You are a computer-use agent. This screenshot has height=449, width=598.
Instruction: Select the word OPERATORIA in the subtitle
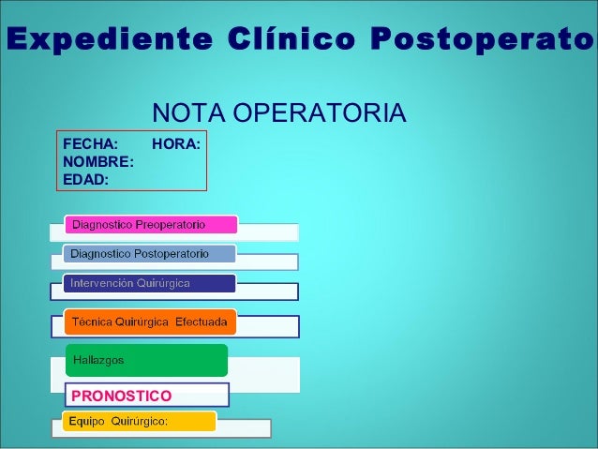[319, 113]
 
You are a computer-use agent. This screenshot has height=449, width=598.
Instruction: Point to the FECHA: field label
[90, 144]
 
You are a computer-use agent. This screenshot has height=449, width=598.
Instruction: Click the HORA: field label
[176, 144]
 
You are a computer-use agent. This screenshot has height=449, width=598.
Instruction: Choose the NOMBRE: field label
[97, 161]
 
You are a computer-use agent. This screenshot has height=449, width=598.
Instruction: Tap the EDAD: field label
[85, 178]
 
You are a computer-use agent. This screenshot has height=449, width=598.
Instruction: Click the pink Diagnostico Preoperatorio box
[151, 225]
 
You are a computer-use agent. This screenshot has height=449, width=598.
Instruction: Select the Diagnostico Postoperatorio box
[149, 254]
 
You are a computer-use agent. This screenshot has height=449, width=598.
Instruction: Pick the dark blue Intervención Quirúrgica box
[149, 283]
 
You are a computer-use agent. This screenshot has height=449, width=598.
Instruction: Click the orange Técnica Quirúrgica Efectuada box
[151, 322]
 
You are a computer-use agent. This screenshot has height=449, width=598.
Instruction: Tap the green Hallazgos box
[146, 360]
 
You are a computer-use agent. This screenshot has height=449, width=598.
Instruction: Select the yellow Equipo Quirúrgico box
[139, 422]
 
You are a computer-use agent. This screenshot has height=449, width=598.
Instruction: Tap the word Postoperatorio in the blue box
[172, 254]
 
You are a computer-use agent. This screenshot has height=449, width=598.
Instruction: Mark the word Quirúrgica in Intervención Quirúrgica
[164, 283]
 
